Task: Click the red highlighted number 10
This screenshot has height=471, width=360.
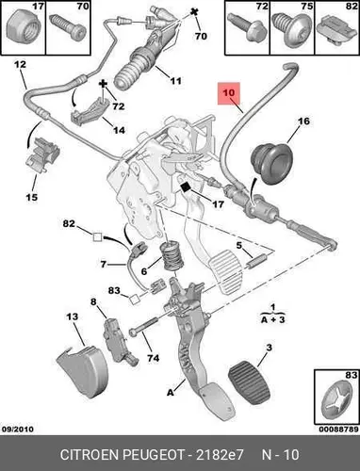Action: (229, 93)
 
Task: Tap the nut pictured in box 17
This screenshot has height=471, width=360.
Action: (22, 25)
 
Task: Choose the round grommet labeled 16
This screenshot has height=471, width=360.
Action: (272, 163)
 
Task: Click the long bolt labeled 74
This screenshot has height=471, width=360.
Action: (143, 326)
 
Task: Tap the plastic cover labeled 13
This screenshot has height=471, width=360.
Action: (82, 370)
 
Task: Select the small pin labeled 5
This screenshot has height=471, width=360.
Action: (256, 262)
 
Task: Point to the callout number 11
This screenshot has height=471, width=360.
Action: (175, 81)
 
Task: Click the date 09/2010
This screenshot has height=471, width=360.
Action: (18, 429)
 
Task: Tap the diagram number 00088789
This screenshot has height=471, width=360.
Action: (338, 429)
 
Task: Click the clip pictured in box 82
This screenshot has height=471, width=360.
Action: (336, 31)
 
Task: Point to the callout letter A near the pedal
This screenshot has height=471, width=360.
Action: (170, 392)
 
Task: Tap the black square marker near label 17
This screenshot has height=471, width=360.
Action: (186, 187)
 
